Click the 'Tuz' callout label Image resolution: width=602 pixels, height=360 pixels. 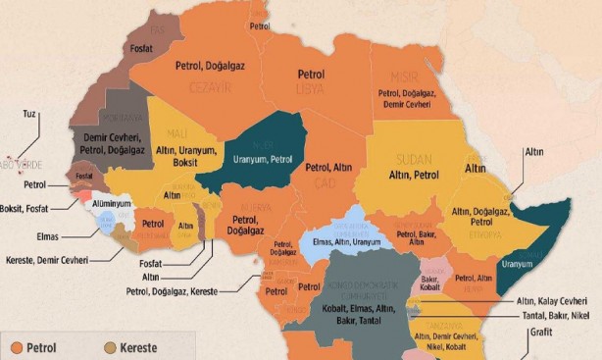[29, 114]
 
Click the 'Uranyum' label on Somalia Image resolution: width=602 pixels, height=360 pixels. [517, 264]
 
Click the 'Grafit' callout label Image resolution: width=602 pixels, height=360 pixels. [541, 333]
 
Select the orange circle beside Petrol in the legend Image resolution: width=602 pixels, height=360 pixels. [18, 346]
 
